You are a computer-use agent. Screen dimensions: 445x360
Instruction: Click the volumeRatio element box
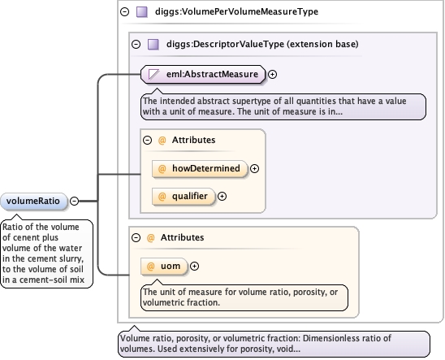tap(34, 202)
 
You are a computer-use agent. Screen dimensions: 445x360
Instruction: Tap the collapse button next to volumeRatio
tap(75, 201)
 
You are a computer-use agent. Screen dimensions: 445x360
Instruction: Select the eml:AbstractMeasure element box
tap(203, 75)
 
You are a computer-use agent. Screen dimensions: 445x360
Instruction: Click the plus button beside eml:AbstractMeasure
tap(273, 75)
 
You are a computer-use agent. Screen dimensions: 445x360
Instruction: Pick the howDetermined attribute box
tap(200, 169)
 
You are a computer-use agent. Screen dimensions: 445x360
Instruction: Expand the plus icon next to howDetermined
tap(254, 169)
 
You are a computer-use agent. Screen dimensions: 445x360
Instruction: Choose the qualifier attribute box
tap(184, 196)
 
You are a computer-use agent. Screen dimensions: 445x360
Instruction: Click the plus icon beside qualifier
tap(222, 196)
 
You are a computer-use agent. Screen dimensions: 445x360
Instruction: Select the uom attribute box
tap(164, 267)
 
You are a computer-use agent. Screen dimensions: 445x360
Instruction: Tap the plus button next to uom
tap(194, 267)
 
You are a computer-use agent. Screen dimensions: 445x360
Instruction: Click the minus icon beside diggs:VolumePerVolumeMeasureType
tap(124, 11)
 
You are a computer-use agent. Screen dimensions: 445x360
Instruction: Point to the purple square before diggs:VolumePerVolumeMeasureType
tap(142, 12)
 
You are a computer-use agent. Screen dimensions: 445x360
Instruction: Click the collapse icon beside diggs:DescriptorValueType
tap(136, 45)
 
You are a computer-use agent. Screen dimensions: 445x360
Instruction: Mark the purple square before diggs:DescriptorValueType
tap(153, 45)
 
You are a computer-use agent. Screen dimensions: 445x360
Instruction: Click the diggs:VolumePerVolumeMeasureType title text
tap(236, 11)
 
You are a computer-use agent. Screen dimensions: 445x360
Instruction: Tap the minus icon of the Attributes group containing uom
tap(136, 237)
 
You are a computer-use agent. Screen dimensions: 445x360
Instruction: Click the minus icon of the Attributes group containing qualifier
tap(147, 141)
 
